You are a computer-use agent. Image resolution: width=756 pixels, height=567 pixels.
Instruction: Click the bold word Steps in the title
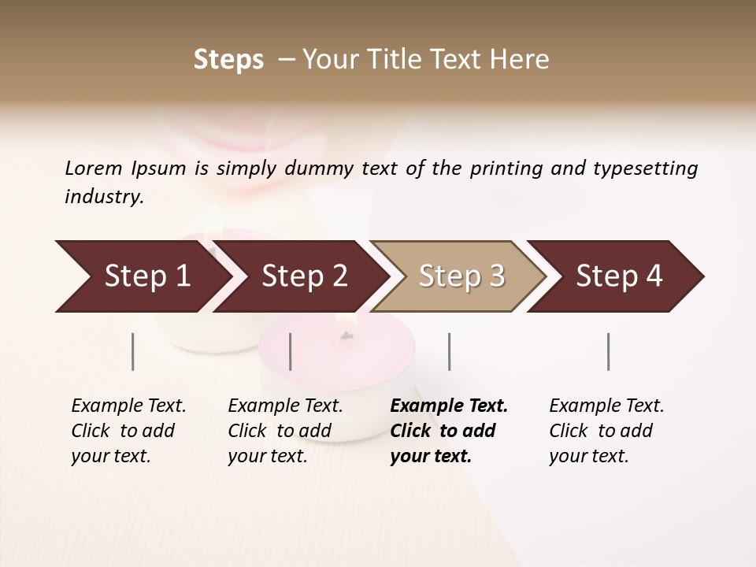(228, 60)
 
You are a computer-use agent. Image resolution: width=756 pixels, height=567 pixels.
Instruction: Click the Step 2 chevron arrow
(302, 276)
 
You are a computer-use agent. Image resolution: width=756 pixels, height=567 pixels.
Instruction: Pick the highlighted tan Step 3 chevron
(460, 276)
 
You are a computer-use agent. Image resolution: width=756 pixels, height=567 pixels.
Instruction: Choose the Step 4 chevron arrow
(617, 276)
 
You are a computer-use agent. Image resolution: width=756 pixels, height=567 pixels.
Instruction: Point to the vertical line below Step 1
(133, 351)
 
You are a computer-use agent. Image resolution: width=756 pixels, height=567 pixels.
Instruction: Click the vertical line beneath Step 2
(291, 351)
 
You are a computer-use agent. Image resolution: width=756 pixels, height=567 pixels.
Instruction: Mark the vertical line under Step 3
(450, 351)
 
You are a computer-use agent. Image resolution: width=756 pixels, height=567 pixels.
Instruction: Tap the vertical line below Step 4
(609, 351)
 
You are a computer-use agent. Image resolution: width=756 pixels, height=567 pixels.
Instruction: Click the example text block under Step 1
(128, 431)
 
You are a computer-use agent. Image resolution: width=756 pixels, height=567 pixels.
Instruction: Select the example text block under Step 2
(285, 431)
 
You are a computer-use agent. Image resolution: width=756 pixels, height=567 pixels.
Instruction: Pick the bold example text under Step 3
(449, 431)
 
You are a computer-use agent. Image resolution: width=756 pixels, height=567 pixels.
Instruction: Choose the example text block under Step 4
(606, 431)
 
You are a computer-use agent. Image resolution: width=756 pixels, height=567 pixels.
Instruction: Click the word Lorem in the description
(93, 169)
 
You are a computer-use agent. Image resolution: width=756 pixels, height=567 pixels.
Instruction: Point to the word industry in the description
(103, 197)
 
